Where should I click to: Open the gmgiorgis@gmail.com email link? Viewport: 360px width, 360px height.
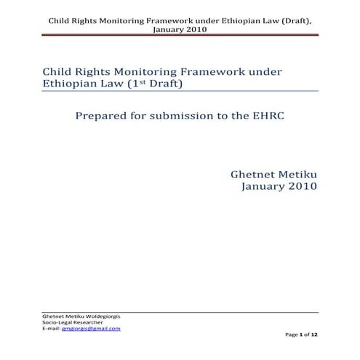(93, 329)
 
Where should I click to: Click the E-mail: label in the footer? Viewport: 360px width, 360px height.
(52, 329)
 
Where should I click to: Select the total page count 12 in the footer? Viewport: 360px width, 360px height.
(315, 334)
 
